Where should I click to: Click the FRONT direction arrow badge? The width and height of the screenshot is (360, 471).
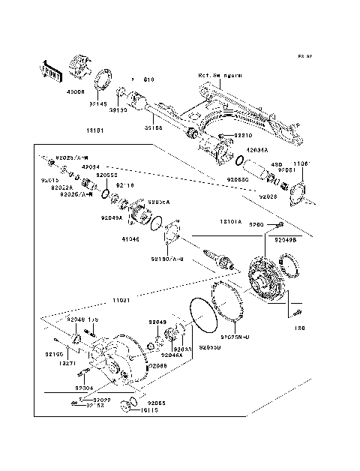[51, 71]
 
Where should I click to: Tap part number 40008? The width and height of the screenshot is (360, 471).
[77, 92]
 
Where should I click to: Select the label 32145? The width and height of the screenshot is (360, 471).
[99, 105]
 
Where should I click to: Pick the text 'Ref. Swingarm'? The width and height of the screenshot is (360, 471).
[220, 76]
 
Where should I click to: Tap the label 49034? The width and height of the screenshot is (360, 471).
[91, 167]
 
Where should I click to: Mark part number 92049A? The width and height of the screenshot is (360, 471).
[111, 218]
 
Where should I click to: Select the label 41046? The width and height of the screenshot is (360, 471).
[130, 240]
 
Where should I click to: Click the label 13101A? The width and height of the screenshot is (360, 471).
[229, 222]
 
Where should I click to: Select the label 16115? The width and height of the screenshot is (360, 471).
[135, 410]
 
